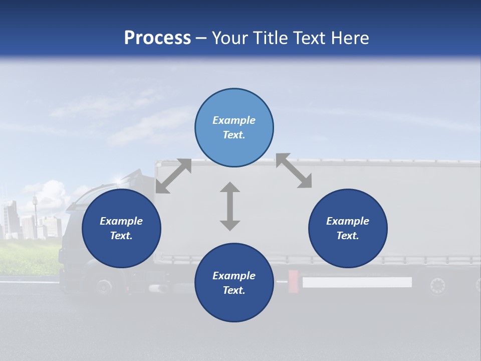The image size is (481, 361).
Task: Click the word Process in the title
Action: (157, 38)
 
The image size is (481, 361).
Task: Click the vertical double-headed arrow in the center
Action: (230, 206)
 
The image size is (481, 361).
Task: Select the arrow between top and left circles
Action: (173, 176)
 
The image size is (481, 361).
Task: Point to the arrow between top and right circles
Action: (294, 171)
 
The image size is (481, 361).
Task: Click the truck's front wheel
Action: (104, 287)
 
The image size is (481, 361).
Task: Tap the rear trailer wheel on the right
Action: (437, 286)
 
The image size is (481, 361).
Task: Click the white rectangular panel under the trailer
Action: (357, 282)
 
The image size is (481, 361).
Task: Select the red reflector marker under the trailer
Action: (293, 281)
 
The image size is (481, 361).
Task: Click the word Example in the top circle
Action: (234, 120)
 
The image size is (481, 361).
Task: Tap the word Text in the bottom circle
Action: (234, 290)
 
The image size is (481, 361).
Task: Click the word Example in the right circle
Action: (348, 221)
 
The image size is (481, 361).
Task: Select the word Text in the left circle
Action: (121, 236)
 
